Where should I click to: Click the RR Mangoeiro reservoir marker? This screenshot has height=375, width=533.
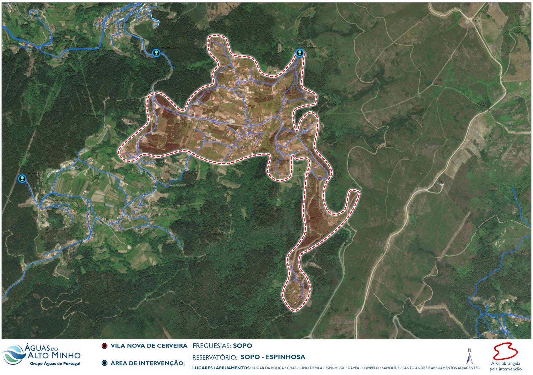coord(156,53)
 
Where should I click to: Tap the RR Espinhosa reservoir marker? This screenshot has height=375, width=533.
coord(300,53)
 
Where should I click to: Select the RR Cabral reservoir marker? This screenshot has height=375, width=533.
coord(22,179)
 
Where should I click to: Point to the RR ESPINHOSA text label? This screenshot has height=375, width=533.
coord(313,48)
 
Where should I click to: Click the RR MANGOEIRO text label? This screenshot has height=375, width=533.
coord(170,48)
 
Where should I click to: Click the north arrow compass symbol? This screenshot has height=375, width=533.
coord(469,356)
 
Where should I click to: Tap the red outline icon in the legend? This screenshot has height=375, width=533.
coord(505,351)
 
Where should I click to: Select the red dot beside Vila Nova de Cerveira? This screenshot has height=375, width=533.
coord(104,346)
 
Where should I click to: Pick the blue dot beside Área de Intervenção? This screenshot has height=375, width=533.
coord(104,363)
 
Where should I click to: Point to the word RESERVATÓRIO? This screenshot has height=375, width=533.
coord(215,357)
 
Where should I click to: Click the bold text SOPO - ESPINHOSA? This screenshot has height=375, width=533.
coord(273,357)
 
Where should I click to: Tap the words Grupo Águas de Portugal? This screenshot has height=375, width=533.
coord(55,364)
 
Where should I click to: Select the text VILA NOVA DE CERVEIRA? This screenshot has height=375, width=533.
coord(149,346)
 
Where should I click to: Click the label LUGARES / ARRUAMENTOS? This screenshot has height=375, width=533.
coord(221,368)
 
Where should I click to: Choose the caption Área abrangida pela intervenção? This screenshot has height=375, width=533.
coord(505,366)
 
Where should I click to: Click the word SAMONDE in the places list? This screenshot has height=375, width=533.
coord(391,368)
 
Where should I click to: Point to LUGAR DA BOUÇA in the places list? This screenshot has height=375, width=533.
coord(268,368)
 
